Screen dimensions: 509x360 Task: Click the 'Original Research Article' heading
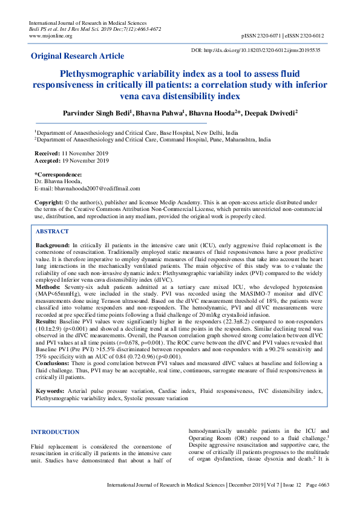[82, 56]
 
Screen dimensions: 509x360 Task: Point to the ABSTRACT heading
[53, 232]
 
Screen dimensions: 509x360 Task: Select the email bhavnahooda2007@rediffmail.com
[97, 188]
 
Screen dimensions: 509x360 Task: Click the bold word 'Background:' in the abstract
[53, 245]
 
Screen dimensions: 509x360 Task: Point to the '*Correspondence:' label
[58, 175]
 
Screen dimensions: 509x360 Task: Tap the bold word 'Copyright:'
[49, 201]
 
